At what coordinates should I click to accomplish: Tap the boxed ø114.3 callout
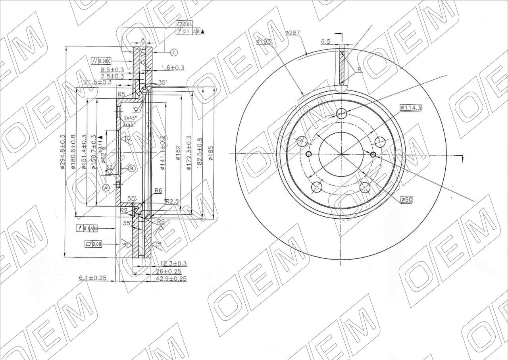pyautogui.click(x=410, y=107)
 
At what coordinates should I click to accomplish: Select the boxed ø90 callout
pyautogui.click(x=406, y=200)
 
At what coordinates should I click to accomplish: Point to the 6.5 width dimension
pyautogui.click(x=326, y=41)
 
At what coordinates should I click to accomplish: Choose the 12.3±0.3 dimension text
pyautogui.click(x=173, y=264)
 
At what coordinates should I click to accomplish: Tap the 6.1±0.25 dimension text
pyautogui.click(x=93, y=278)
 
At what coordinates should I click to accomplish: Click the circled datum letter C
pyautogui.click(x=173, y=52)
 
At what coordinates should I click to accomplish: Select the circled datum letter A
pyautogui.click(x=106, y=188)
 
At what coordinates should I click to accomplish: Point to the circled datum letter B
pyautogui.click(x=132, y=168)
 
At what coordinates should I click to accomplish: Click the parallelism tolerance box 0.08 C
pyautogui.click(x=101, y=61)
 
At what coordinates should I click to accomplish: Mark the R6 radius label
pyautogui.click(x=158, y=191)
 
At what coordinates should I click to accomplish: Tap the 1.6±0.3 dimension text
pyautogui.click(x=173, y=68)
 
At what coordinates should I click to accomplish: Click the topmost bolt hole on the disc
pyautogui.click(x=341, y=114)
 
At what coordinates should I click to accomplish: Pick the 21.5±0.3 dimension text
pyautogui.click(x=98, y=82)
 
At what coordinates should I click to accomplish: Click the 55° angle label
pyautogui.click(x=132, y=198)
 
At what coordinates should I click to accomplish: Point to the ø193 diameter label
pyautogui.click(x=264, y=41)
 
